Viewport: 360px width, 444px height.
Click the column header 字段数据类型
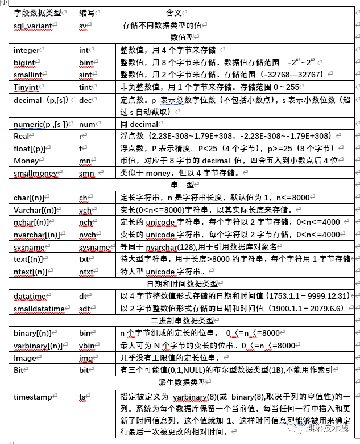pos(37,13)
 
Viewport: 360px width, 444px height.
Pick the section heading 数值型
pos(182,38)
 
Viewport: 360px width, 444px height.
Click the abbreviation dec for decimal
pos(85,100)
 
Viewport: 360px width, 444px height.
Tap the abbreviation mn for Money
pos(84,161)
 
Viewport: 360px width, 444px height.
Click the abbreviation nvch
pos(87,235)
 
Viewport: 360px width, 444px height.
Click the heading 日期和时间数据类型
pos(182,283)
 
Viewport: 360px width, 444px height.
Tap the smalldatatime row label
pos(40,309)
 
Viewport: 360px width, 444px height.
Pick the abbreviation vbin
pos(86,345)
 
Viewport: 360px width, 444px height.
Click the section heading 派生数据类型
pos(182,381)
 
